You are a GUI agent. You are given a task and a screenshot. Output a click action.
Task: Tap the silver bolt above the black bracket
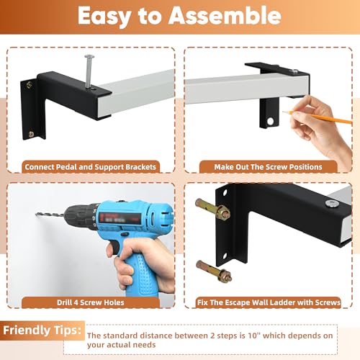[x=89, y=72]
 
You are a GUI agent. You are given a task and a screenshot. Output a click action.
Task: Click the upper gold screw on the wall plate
[x=30, y=84]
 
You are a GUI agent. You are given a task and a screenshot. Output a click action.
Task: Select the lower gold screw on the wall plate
[x=32, y=134]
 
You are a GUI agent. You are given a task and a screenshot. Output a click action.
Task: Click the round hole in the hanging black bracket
[x=270, y=121]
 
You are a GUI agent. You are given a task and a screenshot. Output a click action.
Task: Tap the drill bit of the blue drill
[x=50, y=215]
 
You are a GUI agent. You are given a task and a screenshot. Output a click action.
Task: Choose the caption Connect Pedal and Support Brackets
[x=90, y=167]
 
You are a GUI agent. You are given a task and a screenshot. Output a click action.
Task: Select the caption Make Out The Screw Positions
[x=268, y=167]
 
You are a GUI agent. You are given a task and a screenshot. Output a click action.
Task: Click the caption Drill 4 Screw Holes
[x=91, y=302]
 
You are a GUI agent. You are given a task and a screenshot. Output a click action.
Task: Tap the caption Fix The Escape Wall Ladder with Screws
[x=269, y=302]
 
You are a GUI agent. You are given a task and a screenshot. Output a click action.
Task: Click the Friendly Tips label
[x=42, y=330]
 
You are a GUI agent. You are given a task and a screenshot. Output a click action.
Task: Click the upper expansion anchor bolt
[x=212, y=209]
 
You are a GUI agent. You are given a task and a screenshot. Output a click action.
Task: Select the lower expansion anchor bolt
[x=214, y=271]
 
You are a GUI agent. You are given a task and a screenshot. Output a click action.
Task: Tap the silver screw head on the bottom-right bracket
[x=332, y=204]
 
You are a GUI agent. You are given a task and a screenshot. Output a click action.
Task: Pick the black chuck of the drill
[x=81, y=215]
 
